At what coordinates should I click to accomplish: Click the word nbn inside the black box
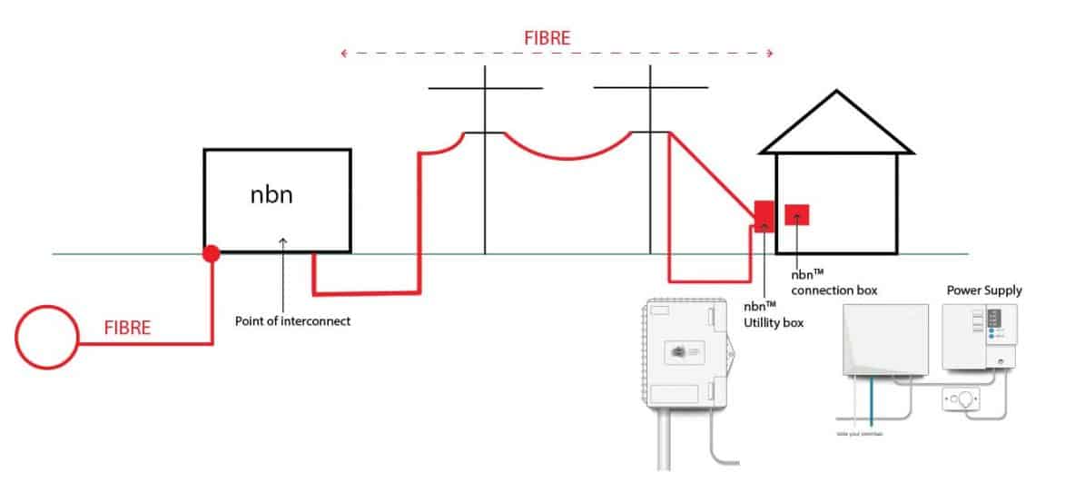pos(272,194)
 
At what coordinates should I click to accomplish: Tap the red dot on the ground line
pos(211,254)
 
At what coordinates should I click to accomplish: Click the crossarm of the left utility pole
pos(485,88)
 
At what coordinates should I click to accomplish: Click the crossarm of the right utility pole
pos(650,88)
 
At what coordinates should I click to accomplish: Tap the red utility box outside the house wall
pos(764,215)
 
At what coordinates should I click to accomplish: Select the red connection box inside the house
pos(797,215)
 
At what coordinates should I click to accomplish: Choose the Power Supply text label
pos(984,290)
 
